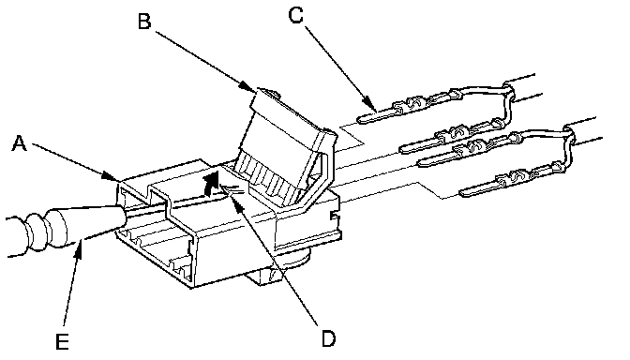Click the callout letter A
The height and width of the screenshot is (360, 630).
pyautogui.click(x=19, y=143)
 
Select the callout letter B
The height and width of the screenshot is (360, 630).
pyautogui.click(x=144, y=21)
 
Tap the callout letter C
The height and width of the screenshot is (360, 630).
pyautogui.click(x=295, y=16)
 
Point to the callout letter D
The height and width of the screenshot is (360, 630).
pyautogui.click(x=328, y=338)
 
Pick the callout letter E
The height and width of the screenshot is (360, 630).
pyautogui.click(x=62, y=342)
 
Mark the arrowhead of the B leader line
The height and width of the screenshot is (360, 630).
pyautogui.click(x=247, y=86)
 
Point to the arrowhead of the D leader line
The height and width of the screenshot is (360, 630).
pyautogui.click(x=238, y=204)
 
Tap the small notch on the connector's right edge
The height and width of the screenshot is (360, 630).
pyautogui.click(x=336, y=217)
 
